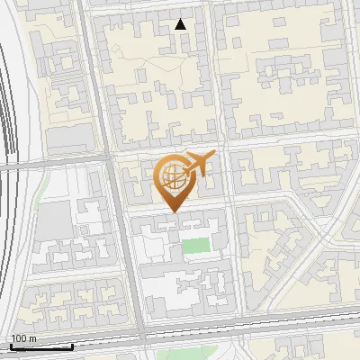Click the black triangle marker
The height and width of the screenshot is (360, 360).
point(182,24)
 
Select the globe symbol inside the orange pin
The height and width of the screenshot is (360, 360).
point(171,176)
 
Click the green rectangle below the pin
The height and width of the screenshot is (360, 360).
point(194,245)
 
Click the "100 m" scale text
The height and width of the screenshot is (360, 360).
point(23,338)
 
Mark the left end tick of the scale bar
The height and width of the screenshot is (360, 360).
point(10,346)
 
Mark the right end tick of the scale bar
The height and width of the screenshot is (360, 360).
point(72,346)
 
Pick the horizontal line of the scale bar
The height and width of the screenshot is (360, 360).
point(40,347)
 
